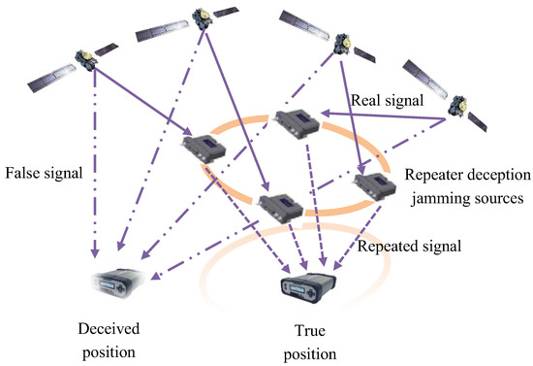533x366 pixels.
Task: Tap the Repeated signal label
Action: (407, 247)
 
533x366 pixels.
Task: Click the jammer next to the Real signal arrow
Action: (295, 126)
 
